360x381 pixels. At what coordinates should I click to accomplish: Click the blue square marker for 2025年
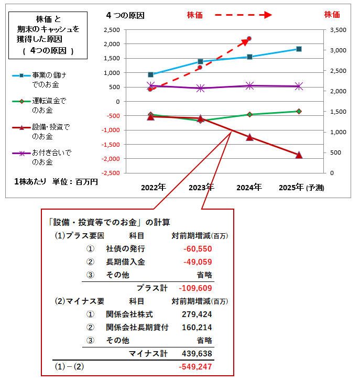tap(299, 49)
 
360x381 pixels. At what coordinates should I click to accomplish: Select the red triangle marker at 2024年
tap(249, 137)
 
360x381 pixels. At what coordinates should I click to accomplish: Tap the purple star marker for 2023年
tap(200, 88)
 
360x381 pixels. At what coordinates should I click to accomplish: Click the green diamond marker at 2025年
tap(299, 111)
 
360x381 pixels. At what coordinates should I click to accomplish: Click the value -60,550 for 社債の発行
tap(198, 248)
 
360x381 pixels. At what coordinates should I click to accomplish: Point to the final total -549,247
tap(195, 367)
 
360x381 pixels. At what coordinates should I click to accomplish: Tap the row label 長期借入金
tap(125, 262)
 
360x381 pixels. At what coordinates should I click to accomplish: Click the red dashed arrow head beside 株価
tap(267, 15)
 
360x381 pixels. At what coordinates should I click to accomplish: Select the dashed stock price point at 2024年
tap(249, 38)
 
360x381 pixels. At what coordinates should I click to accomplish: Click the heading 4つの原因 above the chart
tap(125, 15)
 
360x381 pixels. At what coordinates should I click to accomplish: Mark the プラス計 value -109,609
tap(195, 288)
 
